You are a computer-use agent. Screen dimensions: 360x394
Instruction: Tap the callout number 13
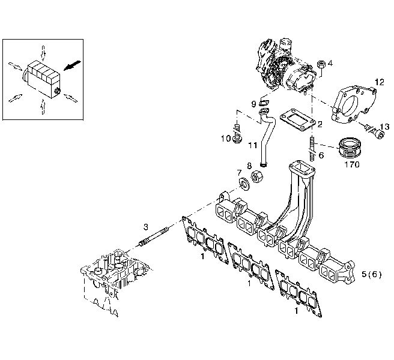385,126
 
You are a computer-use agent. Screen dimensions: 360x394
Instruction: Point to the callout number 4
330,62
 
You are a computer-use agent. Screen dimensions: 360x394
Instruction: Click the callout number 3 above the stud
145,227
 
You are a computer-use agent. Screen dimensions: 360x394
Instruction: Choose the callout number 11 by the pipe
252,145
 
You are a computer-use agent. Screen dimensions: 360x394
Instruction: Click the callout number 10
226,139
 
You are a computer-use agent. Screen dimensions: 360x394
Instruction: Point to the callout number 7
239,173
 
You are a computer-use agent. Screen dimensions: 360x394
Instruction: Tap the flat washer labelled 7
244,183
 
